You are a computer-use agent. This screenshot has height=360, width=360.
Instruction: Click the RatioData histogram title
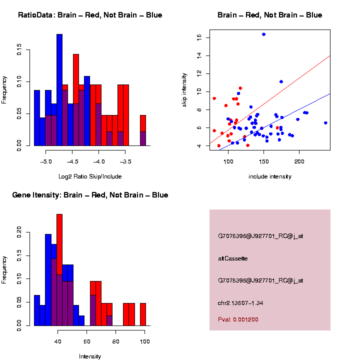[90, 15]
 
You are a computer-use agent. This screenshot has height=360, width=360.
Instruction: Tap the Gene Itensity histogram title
[90, 195]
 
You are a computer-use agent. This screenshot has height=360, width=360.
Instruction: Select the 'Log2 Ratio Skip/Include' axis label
[90, 176]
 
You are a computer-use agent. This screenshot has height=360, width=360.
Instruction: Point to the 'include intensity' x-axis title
[269, 176]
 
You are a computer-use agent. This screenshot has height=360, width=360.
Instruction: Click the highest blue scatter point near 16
[263, 34]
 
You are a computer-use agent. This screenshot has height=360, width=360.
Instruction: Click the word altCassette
[232, 258]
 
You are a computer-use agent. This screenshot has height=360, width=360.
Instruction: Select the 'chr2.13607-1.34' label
[243, 302]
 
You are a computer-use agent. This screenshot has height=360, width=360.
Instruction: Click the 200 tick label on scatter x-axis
[299, 161]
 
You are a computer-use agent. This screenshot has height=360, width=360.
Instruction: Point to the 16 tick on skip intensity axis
[198, 37]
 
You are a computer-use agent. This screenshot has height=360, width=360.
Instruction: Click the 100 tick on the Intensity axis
[145, 341]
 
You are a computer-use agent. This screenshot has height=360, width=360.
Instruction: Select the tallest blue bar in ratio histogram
[59, 90]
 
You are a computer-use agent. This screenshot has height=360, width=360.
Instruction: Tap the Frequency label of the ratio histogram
[4, 90]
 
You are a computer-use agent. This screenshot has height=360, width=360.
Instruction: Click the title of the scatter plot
[269, 15]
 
